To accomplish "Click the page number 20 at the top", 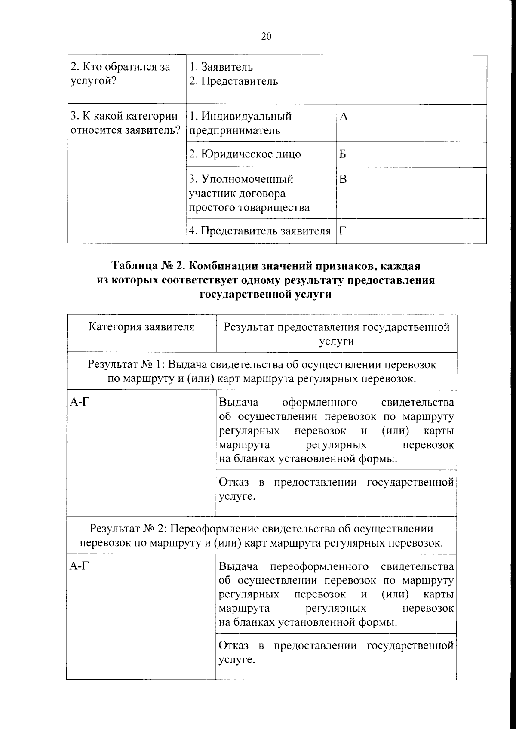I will point(266,37).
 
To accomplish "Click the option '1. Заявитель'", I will point(221,67).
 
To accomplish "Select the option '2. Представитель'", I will point(233,81).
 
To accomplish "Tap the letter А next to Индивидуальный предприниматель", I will point(343,117).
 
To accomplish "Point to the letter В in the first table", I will point(343,179).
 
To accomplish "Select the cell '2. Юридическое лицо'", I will point(245,154).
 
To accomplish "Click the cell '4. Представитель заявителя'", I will point(260,231).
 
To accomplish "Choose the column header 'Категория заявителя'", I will point(141,327).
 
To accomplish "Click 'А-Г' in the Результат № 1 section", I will point(80,403).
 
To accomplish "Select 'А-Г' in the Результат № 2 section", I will point(80,566).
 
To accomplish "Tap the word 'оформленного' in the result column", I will point(319,403).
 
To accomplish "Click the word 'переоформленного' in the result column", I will point(319,566).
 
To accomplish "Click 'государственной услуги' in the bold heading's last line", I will point(266,295).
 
